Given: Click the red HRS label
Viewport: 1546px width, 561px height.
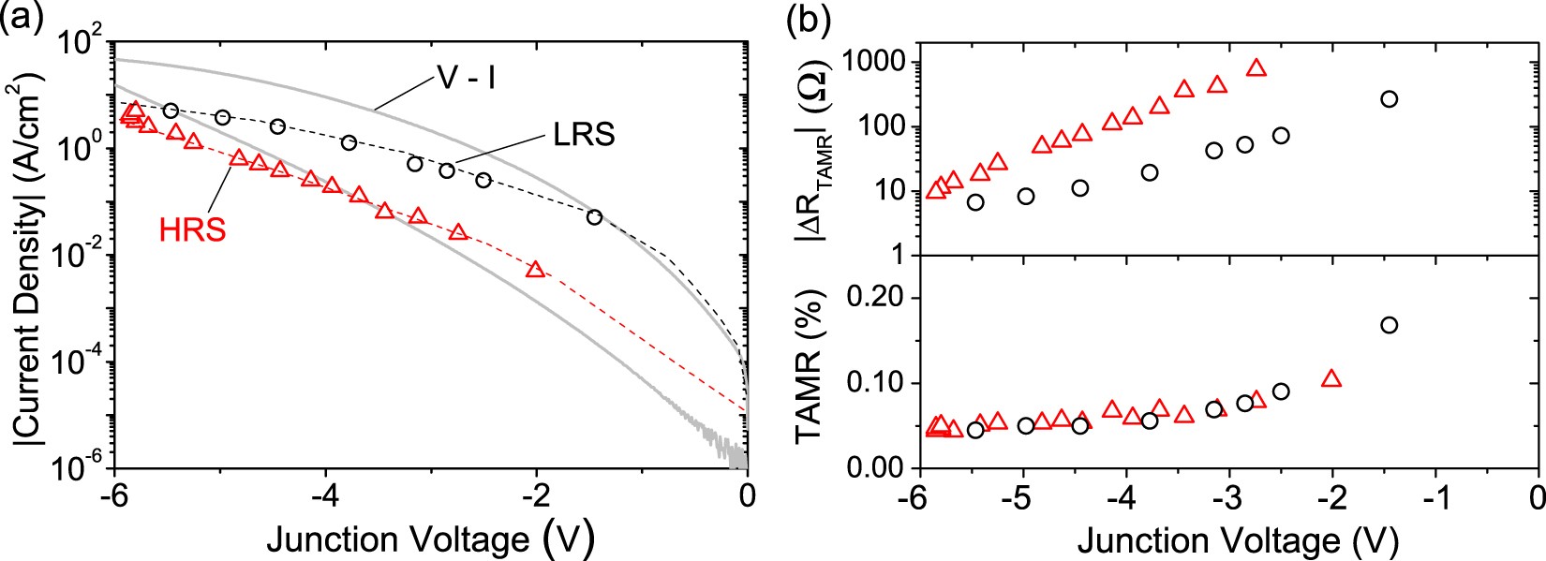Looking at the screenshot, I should (x=191, y=230).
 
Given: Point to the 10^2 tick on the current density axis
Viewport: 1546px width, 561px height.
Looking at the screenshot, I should (x=82, y=44).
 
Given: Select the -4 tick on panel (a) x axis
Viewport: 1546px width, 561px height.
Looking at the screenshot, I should (x=324, y=494).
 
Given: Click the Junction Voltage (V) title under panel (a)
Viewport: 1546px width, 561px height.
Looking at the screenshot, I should (x=431, y=539).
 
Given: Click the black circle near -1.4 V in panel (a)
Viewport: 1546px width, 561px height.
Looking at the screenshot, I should (x=594, y=216).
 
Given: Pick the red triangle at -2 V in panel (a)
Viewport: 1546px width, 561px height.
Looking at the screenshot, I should (x=535, y=270).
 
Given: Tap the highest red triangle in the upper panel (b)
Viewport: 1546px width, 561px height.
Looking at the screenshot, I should (x=1256, y=67).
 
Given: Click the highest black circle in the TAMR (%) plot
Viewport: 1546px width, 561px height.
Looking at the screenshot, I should (x=1389, y=325).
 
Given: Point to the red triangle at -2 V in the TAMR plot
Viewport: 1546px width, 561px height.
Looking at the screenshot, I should (x=1331, y=379).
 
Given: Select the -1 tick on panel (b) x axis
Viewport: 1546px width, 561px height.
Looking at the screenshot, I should (x=1434, y=494).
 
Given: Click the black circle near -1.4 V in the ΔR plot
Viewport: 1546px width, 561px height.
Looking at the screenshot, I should (x=1389, y=98).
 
